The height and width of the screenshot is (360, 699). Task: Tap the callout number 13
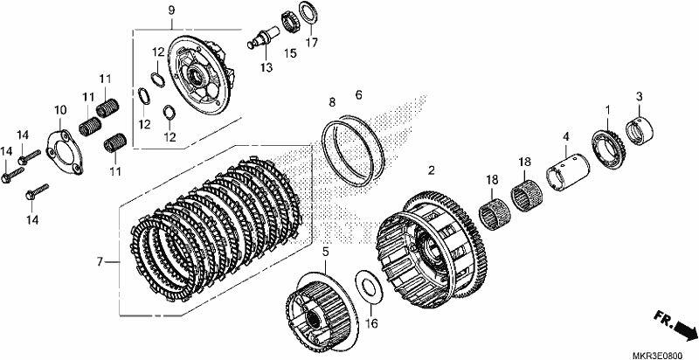266,68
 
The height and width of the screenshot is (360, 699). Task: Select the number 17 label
312,43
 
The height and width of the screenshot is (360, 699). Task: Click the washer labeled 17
308,14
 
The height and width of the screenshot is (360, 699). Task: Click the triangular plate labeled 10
66,152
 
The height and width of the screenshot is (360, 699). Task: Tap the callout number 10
60,109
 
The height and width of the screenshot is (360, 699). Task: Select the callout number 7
100,261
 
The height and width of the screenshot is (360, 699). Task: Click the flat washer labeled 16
368,290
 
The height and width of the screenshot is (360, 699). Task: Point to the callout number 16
370,323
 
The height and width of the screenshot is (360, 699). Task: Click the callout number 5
325,253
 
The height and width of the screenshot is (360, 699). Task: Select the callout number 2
431,170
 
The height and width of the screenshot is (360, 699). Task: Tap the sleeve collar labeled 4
568,172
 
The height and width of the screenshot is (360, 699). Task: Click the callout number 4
565,136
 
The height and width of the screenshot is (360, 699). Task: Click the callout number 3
639,96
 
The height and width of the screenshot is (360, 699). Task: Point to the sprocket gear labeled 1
608,149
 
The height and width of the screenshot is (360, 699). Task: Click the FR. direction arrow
675,325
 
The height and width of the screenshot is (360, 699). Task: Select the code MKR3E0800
657,355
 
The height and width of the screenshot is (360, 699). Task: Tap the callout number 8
332,102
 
